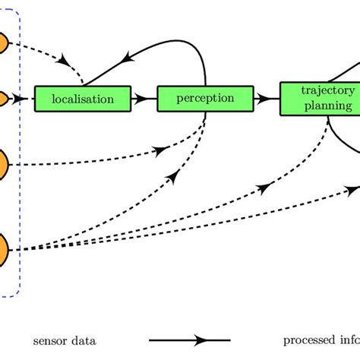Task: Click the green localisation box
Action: [x=83, y=99]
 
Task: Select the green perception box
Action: [x=205, y=99]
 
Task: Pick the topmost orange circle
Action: [x=3, y=43]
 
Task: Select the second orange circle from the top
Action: [x=3, y=99]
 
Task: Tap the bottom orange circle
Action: [x=4, y=248]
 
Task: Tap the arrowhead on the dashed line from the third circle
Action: [x=159, y=150]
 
